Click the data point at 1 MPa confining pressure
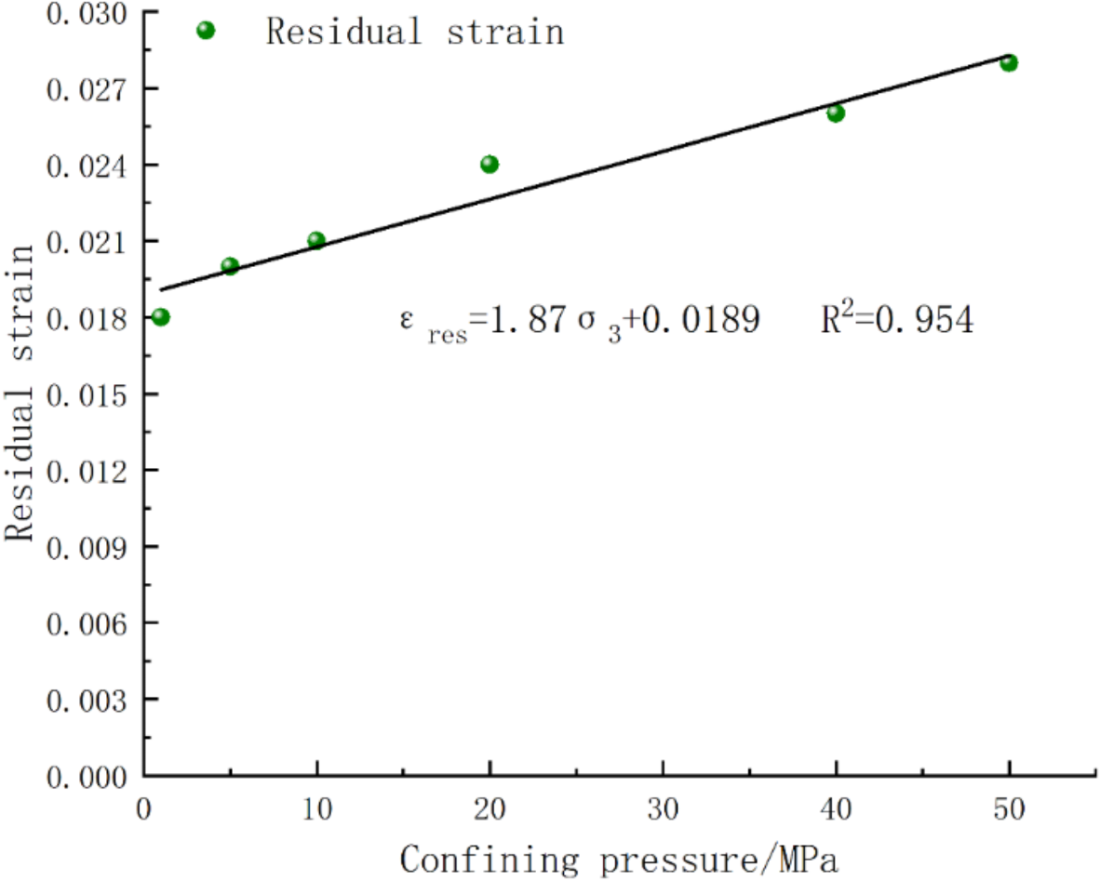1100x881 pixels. point(161,317)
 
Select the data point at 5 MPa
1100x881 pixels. point(230,266)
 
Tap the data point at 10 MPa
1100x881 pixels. point(316,241)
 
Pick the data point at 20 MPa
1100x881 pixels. point(490,165)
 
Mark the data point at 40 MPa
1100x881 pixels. point(836,113)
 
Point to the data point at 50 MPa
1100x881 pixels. point(1009,63)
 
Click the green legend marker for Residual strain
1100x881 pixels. point(206,31)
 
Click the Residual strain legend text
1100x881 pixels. point(415,32)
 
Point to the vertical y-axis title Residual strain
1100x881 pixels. point(21,392)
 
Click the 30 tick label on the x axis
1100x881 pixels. point(664,809)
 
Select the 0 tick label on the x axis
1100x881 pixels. point(144,809)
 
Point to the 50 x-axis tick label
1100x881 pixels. point(1009,809)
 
